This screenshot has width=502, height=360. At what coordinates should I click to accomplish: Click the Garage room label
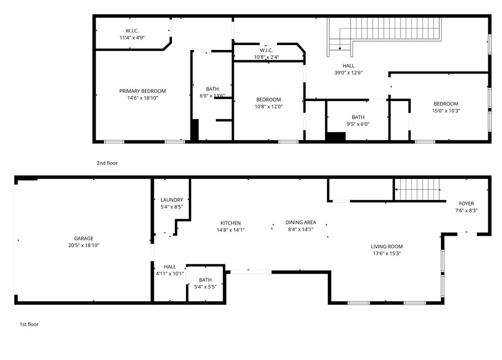[84, 238]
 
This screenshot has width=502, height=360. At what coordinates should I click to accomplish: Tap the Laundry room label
[172, 200]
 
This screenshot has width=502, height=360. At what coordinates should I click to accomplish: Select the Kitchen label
[230, 223]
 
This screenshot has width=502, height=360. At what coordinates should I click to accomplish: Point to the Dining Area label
[301, 222]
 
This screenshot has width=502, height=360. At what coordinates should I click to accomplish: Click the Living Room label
[386, 247]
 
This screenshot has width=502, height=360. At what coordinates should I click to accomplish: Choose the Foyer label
[466, 204]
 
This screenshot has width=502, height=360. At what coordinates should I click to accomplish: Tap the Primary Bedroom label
[142, 91]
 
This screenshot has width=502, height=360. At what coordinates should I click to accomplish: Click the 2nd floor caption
[107, 163]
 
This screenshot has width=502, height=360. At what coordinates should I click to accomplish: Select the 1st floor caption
[29, 324]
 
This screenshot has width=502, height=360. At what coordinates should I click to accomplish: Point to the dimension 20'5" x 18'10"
[84, 245]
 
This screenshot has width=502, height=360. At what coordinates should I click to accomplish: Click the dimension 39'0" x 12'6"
[348, 73]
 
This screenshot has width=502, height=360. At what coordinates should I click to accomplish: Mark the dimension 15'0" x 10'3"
[446, 110]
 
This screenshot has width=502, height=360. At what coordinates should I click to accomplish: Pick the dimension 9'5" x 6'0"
[357, 124]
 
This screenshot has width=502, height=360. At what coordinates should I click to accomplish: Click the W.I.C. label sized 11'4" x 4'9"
[132, 30]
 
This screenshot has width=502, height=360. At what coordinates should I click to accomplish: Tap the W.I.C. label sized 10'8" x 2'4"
[266, 50]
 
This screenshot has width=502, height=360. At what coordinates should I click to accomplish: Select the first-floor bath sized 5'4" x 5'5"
[205, 280]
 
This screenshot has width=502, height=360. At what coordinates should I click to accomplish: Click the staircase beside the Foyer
[418, 189]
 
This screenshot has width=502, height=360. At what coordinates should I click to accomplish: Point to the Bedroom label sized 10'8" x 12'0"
[268, 100]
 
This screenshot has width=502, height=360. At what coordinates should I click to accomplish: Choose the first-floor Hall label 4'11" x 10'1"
[170, 267]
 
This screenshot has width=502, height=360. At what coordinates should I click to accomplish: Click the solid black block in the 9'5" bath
[336, 136]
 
